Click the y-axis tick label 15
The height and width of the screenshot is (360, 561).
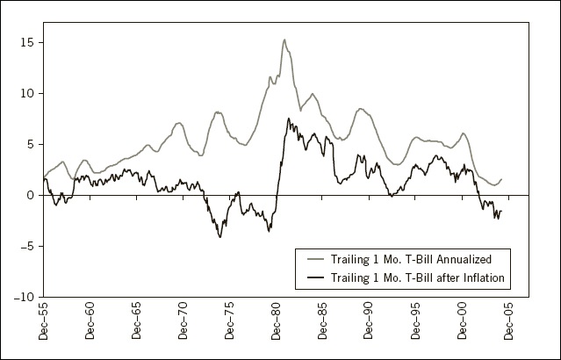[x=26, y=42]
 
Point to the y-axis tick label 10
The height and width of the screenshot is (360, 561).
[x=26, y=94]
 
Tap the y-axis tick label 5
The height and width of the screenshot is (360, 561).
[x=30, y=145]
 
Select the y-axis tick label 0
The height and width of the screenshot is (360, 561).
[x=30, y=196]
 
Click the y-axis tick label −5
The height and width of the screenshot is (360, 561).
[x=25, y=246]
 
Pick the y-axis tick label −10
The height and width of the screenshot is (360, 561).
[x=24, y=297]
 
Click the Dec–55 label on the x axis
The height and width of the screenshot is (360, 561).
[x=43, y=320]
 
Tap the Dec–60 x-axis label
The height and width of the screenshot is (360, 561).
[x=90, y=320]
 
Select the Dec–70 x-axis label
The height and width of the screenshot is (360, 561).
[x=183, y=320]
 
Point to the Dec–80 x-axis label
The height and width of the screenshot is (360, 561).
[x=276, y=320]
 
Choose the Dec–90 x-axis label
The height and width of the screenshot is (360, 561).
[x=369, y=320]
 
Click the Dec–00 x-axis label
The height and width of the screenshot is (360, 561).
[x=462, y=320]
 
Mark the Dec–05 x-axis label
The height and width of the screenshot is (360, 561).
[x=508, y=320]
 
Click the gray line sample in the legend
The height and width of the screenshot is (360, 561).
[x=315, y=259]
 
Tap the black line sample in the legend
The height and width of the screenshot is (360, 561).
[x=315, y=277]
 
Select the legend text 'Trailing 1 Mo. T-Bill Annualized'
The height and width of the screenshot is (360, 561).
[x=411, y=259]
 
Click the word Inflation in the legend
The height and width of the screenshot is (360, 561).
[x=484, y=277]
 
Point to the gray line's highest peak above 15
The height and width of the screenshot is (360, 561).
[x=284, y=40]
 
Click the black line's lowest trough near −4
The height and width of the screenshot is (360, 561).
[x=220, y=237]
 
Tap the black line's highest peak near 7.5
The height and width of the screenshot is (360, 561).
[x=288, y=119]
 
